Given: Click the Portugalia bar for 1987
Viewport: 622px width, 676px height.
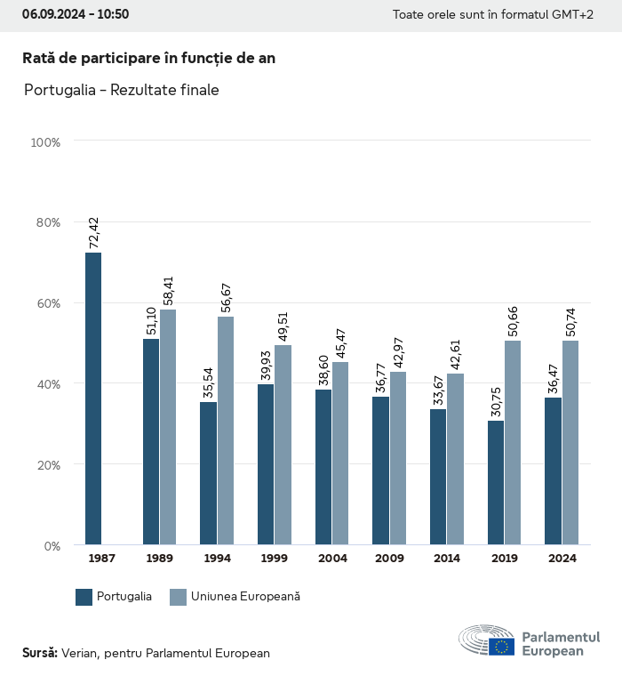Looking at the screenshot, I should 93,398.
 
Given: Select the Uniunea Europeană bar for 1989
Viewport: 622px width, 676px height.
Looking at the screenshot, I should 168,427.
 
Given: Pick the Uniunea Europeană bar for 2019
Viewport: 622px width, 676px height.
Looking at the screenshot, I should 513,442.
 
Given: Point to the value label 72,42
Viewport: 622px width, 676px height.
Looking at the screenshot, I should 93,233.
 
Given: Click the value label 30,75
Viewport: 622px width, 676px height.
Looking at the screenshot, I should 496,401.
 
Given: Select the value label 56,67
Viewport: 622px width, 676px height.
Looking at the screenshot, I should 226,297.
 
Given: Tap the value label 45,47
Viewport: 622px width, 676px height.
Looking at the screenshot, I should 340,342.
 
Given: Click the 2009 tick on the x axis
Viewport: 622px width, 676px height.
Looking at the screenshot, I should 390,559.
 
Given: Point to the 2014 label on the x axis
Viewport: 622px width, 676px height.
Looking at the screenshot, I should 447,559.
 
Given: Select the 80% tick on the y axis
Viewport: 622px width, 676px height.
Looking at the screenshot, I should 45,222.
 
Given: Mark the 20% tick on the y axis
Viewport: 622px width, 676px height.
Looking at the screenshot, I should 45,465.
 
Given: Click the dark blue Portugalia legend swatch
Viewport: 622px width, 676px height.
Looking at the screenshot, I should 84,597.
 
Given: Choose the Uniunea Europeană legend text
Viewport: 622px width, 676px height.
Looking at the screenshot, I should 245,597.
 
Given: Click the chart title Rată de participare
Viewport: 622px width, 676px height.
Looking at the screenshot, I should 148,58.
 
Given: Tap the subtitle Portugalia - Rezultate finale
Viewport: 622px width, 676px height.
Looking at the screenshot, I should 121,90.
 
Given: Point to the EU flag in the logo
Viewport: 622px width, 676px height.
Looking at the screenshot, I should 501,647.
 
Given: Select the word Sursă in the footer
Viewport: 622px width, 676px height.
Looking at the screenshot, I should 40,653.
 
